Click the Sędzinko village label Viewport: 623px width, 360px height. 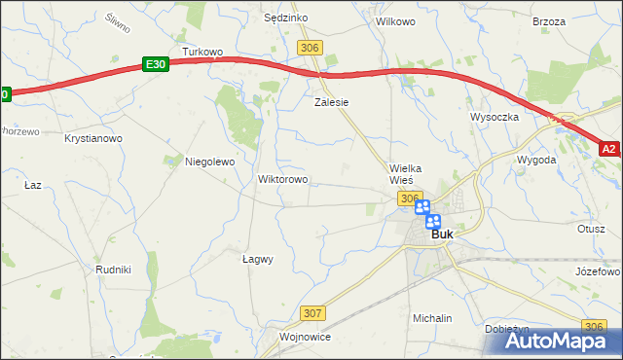[x=286, y=18]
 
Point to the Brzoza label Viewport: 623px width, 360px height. [x=549, y=20]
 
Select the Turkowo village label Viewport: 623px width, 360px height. [x=202, y=52]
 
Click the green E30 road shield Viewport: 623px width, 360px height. [x=155, y=63]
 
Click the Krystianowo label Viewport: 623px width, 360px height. [x=93, y=139]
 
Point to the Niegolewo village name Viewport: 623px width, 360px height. [x=210, y=162]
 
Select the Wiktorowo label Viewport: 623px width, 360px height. [x=282, y=180]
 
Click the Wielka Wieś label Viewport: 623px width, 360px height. [x=404, y=174]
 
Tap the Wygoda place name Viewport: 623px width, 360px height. [x=537, y=159]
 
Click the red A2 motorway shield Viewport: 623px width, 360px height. [x=608, y=149]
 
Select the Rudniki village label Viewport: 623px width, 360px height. [x=113, y=269]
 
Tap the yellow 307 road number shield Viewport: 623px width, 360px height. [x=312, y=313]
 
